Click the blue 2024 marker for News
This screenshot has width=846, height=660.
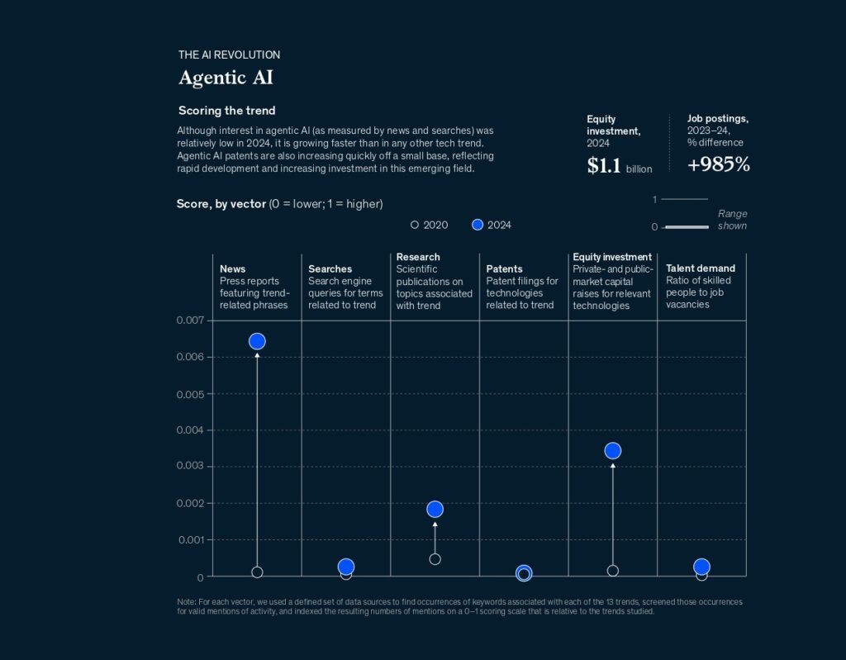click(x=257, y=341)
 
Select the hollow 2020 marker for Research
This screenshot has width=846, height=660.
click(x=435, y=559)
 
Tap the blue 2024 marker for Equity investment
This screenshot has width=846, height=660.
click(x=612, y=450)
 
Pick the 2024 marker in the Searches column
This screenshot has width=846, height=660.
click(x=346, y=567)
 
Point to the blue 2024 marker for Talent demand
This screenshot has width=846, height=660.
click(x=701, y=567)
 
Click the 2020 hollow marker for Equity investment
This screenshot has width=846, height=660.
click(x=612, y=571)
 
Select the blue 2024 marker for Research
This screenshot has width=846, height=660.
click(x=435, y=509)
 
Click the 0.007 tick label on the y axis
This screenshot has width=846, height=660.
click(x=190, y=321)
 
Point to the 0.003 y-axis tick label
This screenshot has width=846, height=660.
click(x=190, y=466)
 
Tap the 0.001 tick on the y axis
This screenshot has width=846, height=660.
click(x=190, y=539)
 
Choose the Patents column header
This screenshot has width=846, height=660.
click(x=504, y=268)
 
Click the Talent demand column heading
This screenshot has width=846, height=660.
click(x=700, y=268)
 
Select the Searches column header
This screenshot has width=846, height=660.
click(x=330, y=268)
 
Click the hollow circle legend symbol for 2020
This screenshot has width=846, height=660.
click(x=415, y=225)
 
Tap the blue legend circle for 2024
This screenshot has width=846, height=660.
click(x=477, y=225)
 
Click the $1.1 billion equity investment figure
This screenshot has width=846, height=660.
click(x=619, y=166)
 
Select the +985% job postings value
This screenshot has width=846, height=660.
click(x=719, y=164)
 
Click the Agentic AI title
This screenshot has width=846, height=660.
click(x=226, y=78)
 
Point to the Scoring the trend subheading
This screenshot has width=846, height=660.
click(x=226, y=111)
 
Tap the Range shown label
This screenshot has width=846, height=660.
click(x=732, y=220)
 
